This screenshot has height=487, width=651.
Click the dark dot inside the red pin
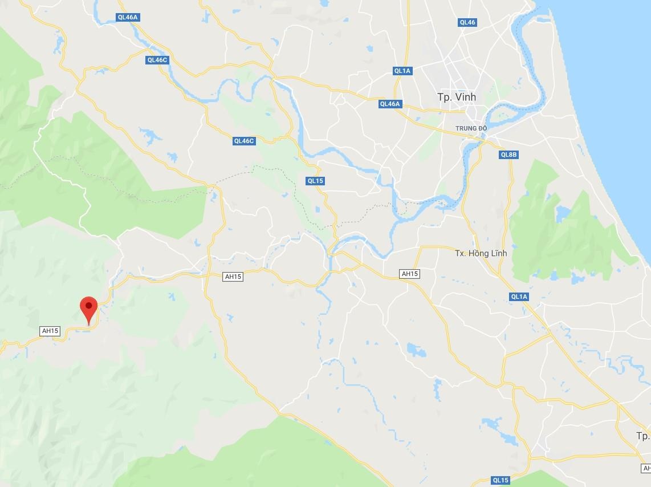point(88,306)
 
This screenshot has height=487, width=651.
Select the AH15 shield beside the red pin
point(50,331)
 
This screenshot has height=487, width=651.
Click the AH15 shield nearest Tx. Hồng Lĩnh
point(409,274)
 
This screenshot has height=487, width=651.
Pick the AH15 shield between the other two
point(233,277)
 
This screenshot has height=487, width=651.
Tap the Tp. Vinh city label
point(456,97)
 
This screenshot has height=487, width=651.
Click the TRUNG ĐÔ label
point(471,128)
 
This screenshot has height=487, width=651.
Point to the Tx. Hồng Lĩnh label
point(481,253)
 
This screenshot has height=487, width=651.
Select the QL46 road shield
point(467,22)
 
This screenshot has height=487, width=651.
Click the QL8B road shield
point(508,155)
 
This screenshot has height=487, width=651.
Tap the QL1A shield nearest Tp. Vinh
point(402,71)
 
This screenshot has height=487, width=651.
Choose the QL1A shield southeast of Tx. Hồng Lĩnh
point(519,297)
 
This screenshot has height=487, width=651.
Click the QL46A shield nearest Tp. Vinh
point(390,104)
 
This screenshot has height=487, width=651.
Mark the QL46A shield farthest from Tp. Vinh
point(127,17)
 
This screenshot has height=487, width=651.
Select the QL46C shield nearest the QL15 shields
point(243,141)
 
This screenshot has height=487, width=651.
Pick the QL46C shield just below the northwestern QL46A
point(157,60)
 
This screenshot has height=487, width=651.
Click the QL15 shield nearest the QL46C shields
point(315,181)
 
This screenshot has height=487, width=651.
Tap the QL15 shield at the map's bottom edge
point(500,480)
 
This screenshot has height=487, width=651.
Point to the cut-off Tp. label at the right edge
point(643,436)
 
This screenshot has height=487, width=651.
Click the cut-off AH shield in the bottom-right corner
point(646,468)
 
